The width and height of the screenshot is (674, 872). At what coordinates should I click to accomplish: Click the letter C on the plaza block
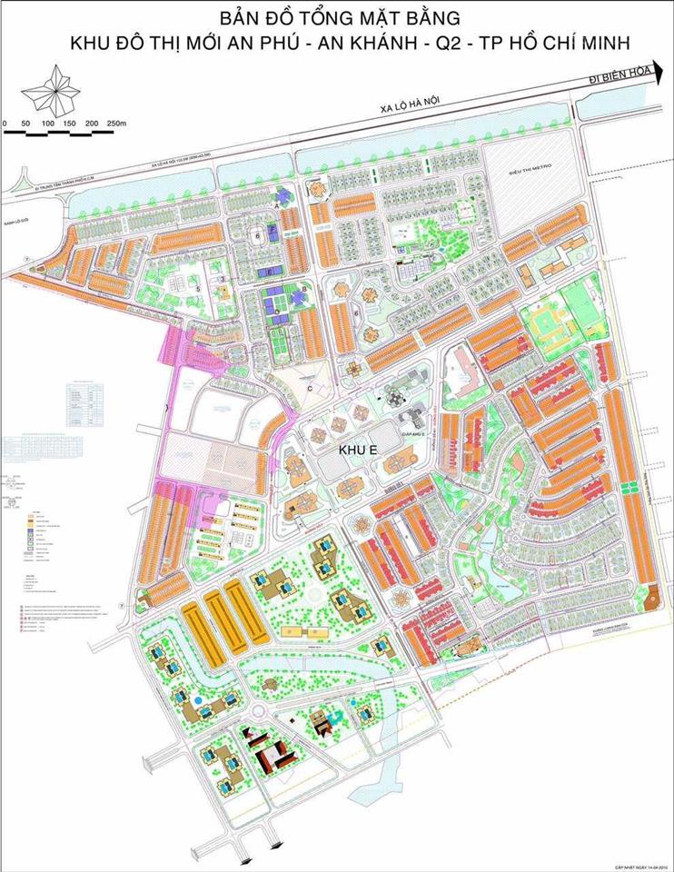point(310,389)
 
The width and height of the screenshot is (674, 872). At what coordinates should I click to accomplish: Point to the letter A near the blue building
point(276,206)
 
